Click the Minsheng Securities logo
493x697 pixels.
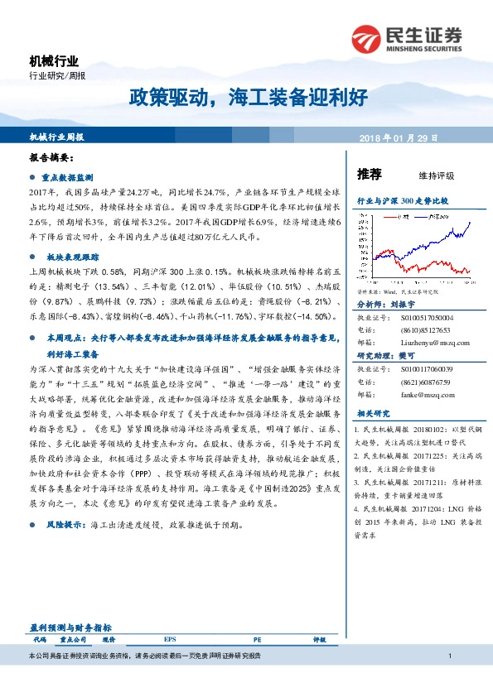click(406, 38)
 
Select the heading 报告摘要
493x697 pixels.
click(52, 156)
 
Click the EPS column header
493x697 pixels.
click(170, 640)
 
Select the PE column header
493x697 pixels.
click(257, 640)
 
